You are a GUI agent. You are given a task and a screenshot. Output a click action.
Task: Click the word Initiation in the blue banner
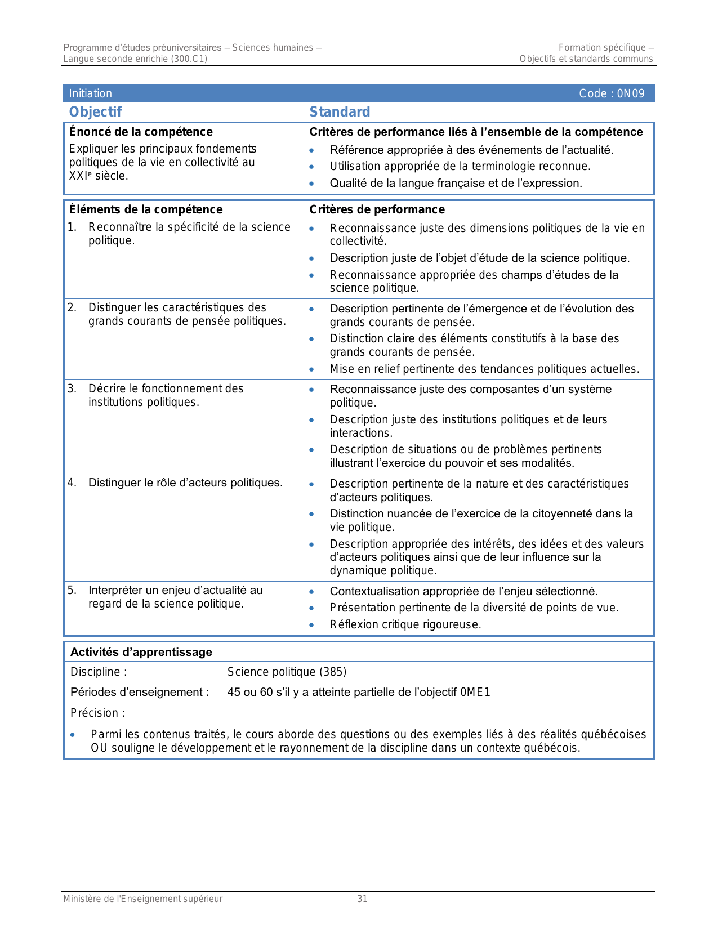[x=91, y=93]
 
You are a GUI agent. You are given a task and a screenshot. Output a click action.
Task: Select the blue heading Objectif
[x=95, y=111]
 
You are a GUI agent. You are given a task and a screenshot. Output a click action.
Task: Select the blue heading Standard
[x=340, y=111]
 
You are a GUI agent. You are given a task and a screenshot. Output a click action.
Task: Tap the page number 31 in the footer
[x=362, y=899]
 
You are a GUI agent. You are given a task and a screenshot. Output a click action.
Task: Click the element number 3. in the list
[x=72, y=388]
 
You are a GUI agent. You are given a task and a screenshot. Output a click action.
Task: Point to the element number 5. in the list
[x=72, y=590]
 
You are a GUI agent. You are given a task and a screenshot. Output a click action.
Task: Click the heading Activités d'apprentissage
[x=141, y=652]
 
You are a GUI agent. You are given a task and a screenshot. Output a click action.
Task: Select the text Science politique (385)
[x=287, y=672]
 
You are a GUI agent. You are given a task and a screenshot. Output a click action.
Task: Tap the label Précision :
[x=97, y=713]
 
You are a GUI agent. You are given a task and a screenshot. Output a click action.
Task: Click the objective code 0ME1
[x=475, y=692]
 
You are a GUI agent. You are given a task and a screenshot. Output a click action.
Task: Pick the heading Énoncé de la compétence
[x=141, y=132]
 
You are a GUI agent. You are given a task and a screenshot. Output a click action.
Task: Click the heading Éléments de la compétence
[x=146, y=209]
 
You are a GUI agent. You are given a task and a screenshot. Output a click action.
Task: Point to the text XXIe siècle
[x=99, y=176]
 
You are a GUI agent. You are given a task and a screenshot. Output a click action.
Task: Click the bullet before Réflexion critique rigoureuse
[x=311, y=625]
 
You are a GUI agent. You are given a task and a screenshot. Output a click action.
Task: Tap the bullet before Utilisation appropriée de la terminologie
[x=311, y=167]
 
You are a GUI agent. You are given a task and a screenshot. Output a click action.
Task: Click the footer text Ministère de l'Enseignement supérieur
[x=142, y=899]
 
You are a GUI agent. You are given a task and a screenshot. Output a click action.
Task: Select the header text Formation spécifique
[x=603, y=48]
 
